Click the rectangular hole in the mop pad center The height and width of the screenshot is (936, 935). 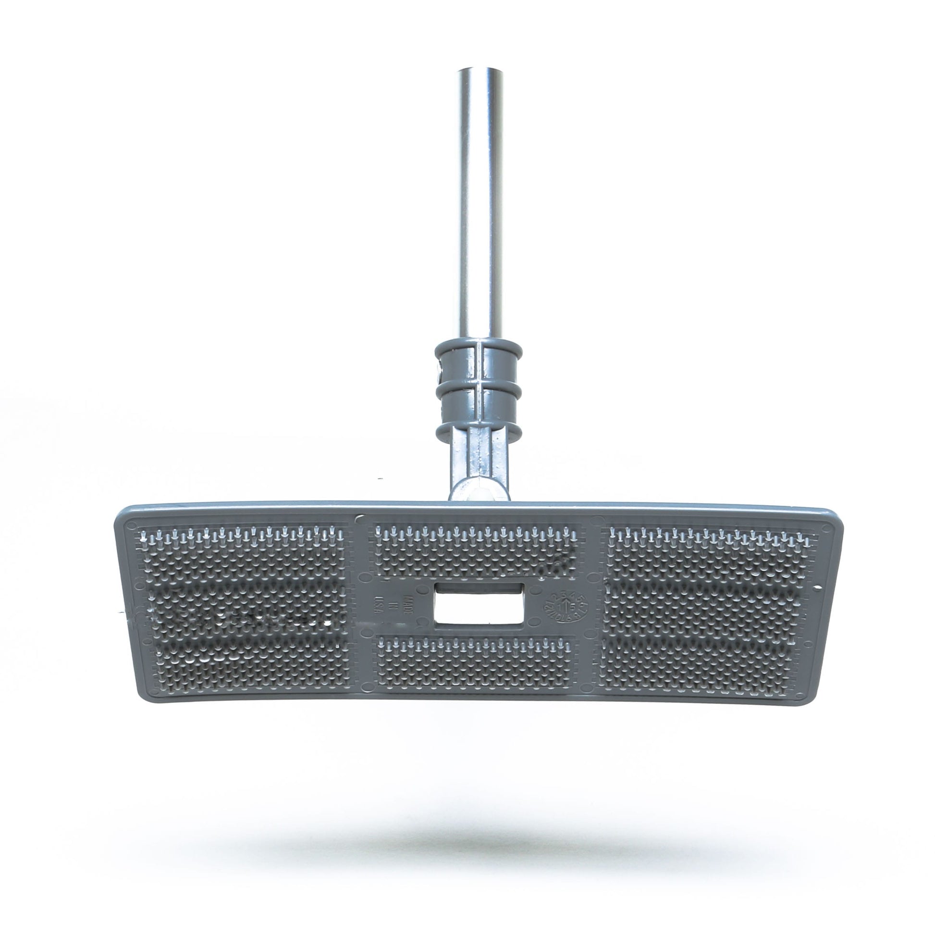pyautogui.click(x=479, y=603)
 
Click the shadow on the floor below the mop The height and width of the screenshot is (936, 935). pyautogui.click(x=480, y=819)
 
